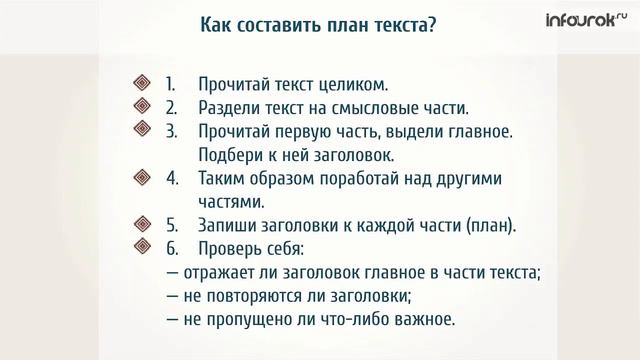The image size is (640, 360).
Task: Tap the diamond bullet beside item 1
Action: pos(141,84)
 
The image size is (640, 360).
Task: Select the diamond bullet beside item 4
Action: pos(141,178)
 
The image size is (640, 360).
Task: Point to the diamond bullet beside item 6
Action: pos(141,248)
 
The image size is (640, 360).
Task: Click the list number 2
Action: pos(171,107)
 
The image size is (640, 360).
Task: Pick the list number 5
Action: pos(171,225)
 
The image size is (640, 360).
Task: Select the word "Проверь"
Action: pos(232,248)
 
